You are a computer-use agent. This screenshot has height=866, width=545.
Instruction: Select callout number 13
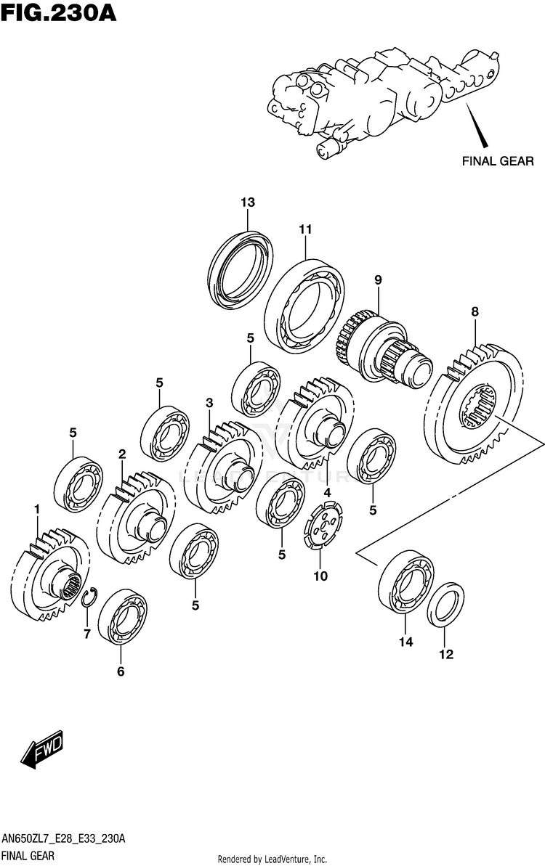[248, 202]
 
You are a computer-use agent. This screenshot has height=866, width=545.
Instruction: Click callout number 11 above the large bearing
[304, 229]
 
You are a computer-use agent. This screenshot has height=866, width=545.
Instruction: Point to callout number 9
[378, 279]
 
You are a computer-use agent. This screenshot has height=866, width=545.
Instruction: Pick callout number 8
[475, 311]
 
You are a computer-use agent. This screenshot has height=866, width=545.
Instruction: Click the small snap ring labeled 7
[89, 597]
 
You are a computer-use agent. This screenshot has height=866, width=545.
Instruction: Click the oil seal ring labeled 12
[445, 607]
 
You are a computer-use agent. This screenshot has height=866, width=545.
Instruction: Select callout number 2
[122, 454]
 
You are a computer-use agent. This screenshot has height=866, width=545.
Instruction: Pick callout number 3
[209, 403]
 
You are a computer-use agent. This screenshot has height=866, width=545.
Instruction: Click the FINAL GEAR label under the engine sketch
[498, 161]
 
